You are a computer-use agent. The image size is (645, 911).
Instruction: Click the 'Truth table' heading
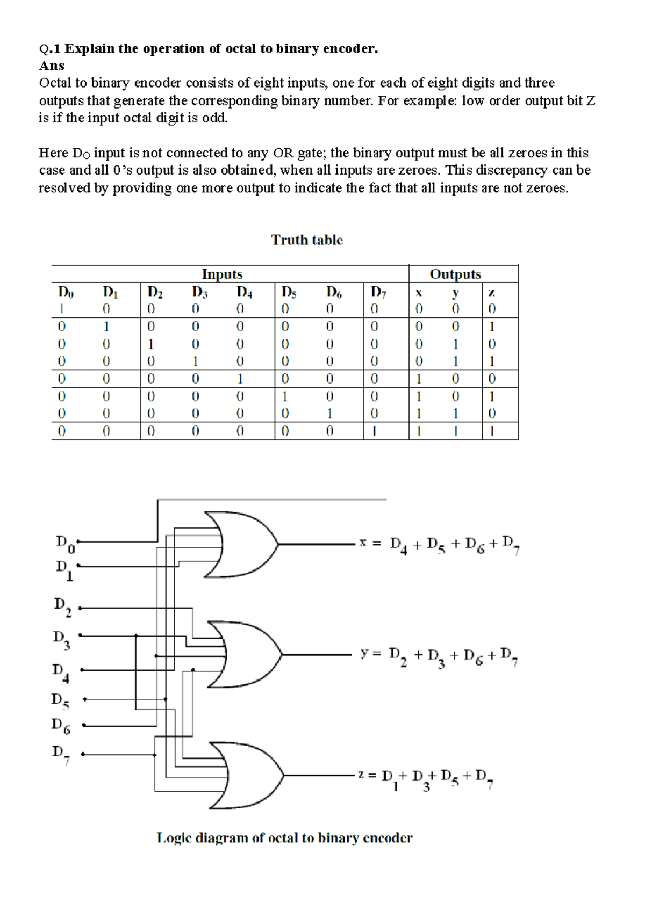(x=306, y=240)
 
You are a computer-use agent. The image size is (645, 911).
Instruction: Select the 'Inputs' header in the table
(x=222, y=274)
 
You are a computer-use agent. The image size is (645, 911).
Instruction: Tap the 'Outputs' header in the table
(x=455, y=274)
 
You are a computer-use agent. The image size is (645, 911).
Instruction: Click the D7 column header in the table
(x=378, y=292)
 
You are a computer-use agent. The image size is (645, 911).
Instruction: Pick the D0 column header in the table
(x=65, y=292)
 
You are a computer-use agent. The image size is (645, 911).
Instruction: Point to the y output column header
(x=455, y=293)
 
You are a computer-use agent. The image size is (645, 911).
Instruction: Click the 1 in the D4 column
(x=240, y=379)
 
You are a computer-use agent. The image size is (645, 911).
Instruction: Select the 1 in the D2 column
(x=151, y=344)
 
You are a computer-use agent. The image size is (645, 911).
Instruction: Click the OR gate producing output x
(x=242, y=544)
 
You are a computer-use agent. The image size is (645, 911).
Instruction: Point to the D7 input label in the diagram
(x=60, y=754)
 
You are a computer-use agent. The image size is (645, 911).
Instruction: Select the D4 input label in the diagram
(x=60, y=672)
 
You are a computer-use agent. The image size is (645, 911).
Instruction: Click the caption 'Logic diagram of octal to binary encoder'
(x=284, y=838)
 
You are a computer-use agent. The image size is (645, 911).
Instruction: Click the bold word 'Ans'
(x=52, y=66)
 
